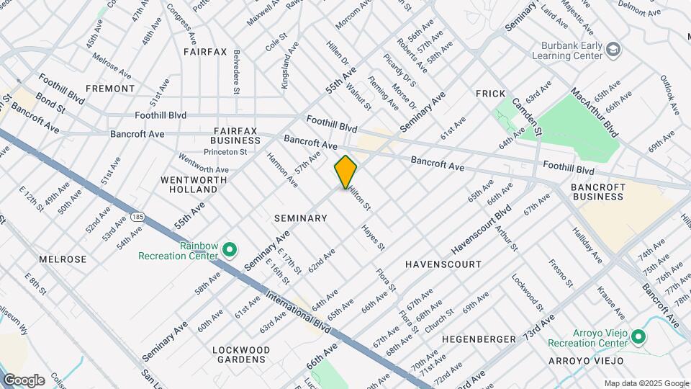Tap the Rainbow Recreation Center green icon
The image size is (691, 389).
point(230,250)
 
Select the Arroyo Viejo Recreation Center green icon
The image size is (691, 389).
point(638,336)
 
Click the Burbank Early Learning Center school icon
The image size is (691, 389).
point(613,50)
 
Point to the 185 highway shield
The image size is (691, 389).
point(138,216)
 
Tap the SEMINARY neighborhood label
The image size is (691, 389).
point(301,218)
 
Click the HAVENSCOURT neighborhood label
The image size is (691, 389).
point(443,264)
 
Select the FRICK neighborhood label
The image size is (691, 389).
point(492,94)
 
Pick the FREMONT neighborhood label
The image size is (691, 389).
point(110,89)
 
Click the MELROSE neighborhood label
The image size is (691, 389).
point(63,259)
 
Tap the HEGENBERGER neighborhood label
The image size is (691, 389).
point(479,339)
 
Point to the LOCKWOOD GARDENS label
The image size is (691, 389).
point(240,354)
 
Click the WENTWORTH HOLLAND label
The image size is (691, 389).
point(189,184)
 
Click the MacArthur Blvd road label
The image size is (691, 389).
point(595,113)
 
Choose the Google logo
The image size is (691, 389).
point(24,380)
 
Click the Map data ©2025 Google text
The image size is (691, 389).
point(646,383)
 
